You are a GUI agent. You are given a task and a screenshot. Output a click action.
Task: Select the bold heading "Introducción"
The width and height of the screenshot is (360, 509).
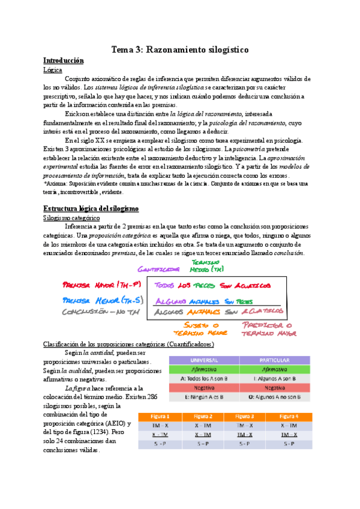[x=64, y=61]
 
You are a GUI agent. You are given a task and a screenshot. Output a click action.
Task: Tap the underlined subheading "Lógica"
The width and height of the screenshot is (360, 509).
[x=53, y=70]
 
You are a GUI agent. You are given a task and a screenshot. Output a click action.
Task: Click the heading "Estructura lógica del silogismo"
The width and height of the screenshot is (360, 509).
[x=91, y=208]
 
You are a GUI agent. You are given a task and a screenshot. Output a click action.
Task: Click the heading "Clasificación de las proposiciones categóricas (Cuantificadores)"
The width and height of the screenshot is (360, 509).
[x=128, y=344]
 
